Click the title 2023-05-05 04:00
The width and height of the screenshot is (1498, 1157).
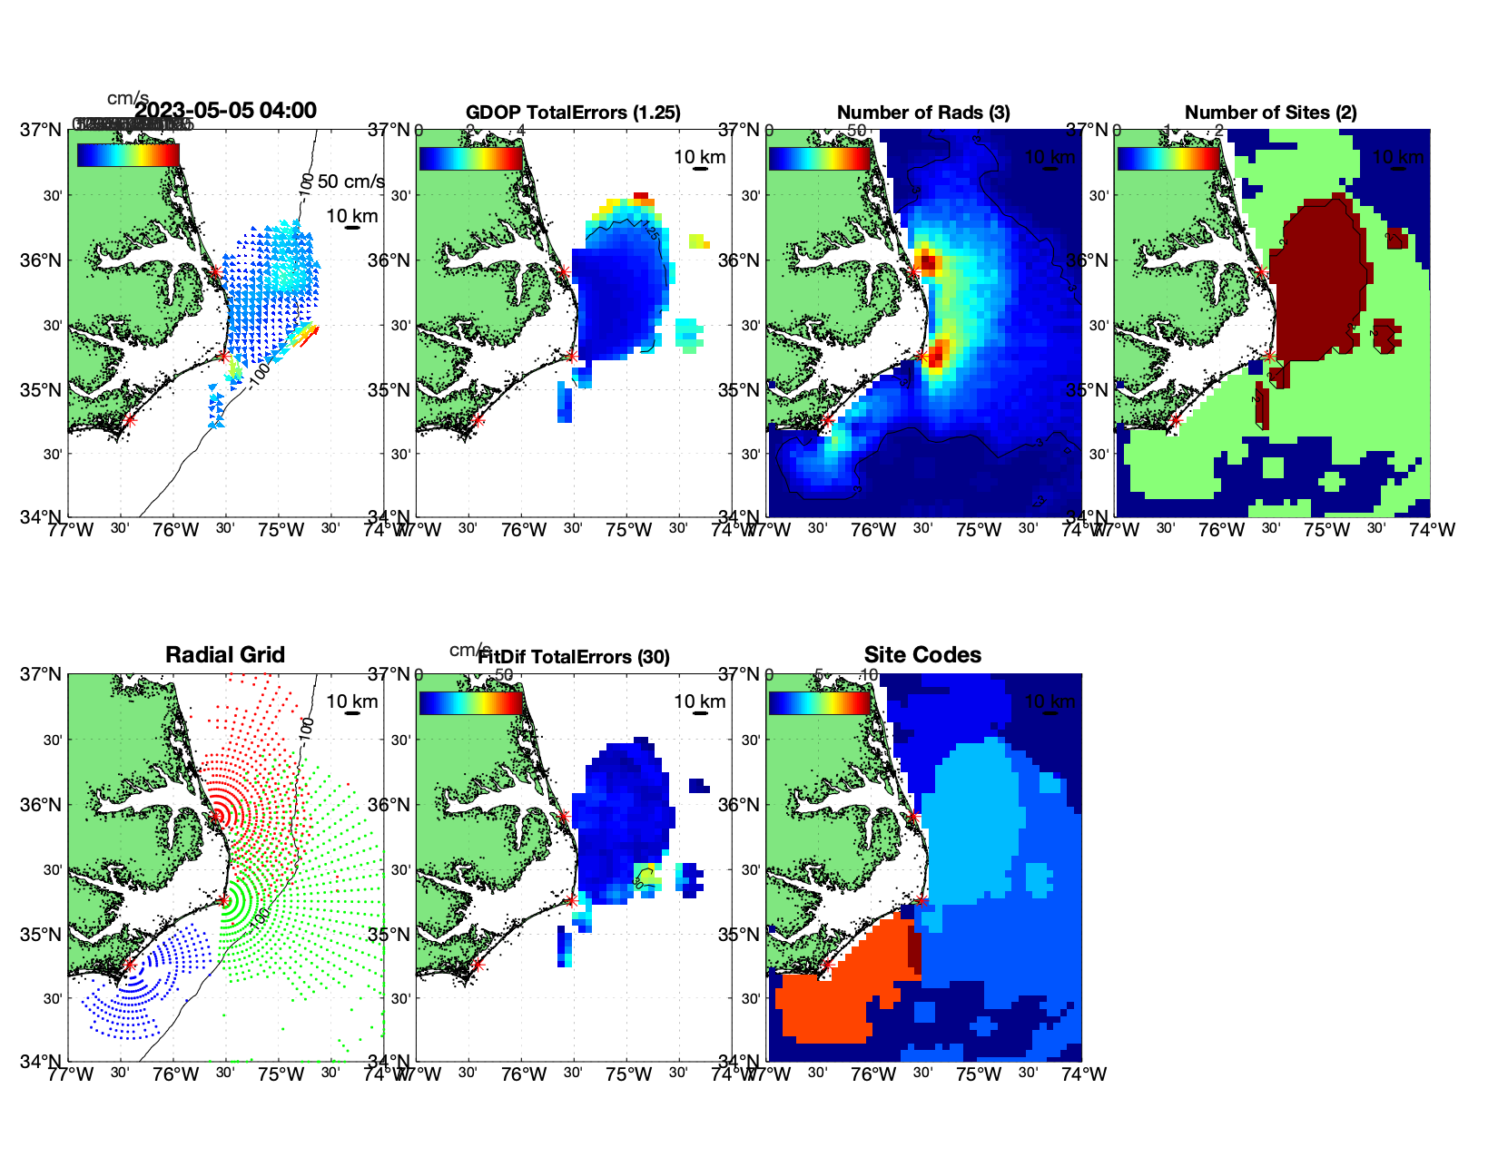coord(225,111)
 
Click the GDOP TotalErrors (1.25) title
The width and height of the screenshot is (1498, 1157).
coord(573,113)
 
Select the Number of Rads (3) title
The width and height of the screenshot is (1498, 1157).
coord(923,113)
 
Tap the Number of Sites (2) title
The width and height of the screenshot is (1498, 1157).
coord(1270,113)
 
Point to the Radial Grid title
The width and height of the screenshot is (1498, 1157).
coord(225,655)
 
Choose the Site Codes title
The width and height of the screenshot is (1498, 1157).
coord(922,655)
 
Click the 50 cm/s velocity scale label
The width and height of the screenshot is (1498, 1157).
coord(350,181)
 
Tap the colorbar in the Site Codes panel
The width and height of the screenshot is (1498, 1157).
coord(820,702)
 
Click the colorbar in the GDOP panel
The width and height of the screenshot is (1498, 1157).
coord(470,158)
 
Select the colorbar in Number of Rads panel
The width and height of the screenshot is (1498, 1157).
coord(820,158)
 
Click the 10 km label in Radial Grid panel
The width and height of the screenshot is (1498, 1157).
coord(351,701)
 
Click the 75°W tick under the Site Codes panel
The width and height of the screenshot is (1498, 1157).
coord(979,1074)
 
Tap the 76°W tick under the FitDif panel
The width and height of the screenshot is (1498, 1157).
coord(524,1074)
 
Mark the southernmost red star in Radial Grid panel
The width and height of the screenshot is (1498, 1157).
coord(130,965)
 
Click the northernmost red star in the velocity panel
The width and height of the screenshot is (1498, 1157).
coord(215,271)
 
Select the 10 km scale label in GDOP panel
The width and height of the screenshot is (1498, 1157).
coord(699,157)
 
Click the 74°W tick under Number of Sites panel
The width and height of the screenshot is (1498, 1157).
coord(1432,530)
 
